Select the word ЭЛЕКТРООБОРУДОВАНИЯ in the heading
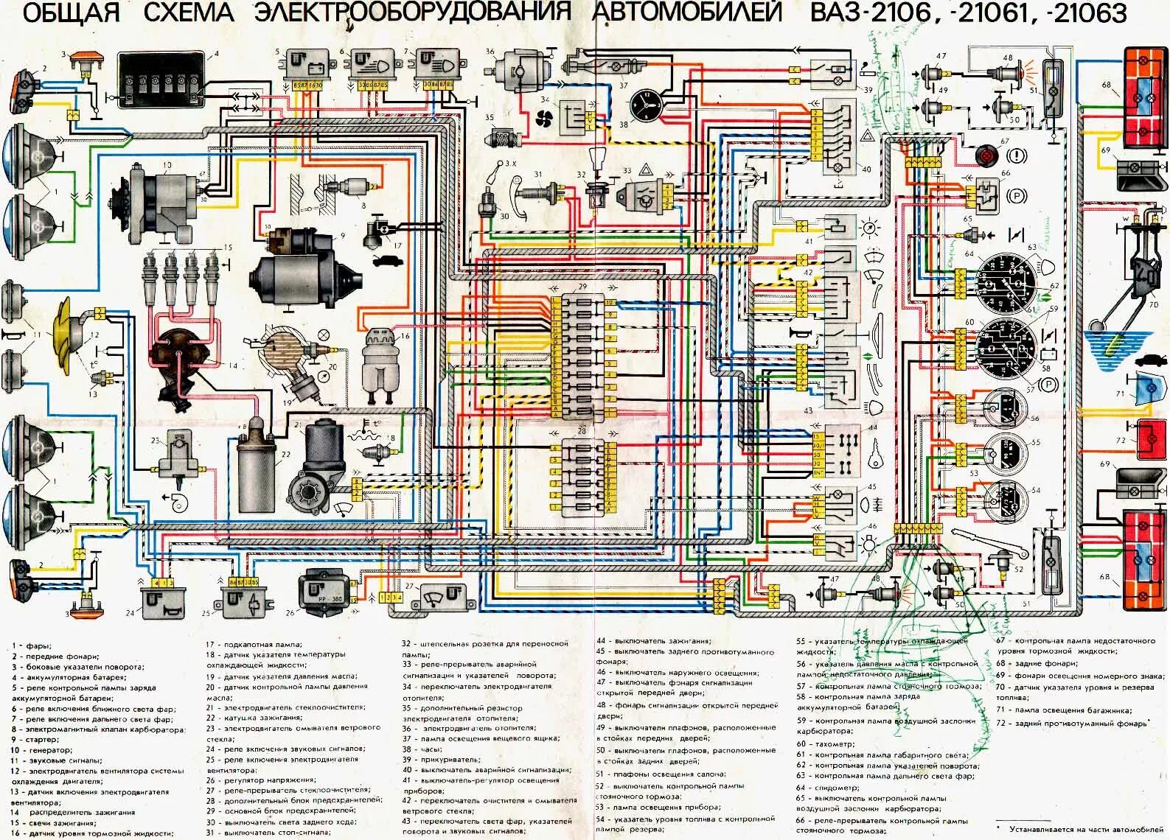pyautogui.click(x=412, y=13)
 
